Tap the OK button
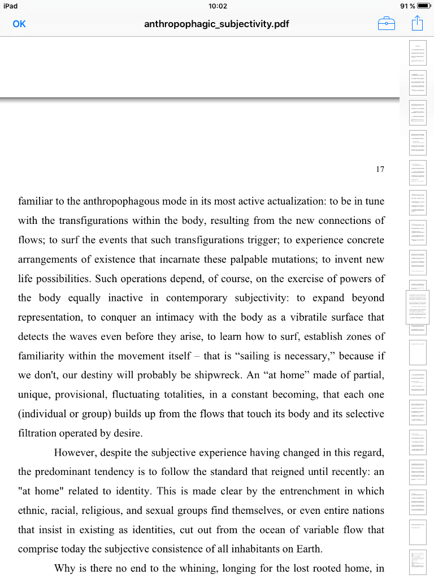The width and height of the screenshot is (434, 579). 19,24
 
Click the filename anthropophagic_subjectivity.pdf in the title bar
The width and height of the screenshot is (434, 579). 217,24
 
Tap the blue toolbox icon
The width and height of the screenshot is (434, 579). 386,24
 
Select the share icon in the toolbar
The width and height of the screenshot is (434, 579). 417,23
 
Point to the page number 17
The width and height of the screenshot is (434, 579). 380,169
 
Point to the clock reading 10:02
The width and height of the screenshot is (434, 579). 217,6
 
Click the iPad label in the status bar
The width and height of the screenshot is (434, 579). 11,6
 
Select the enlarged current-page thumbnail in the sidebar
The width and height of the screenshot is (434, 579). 418,308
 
